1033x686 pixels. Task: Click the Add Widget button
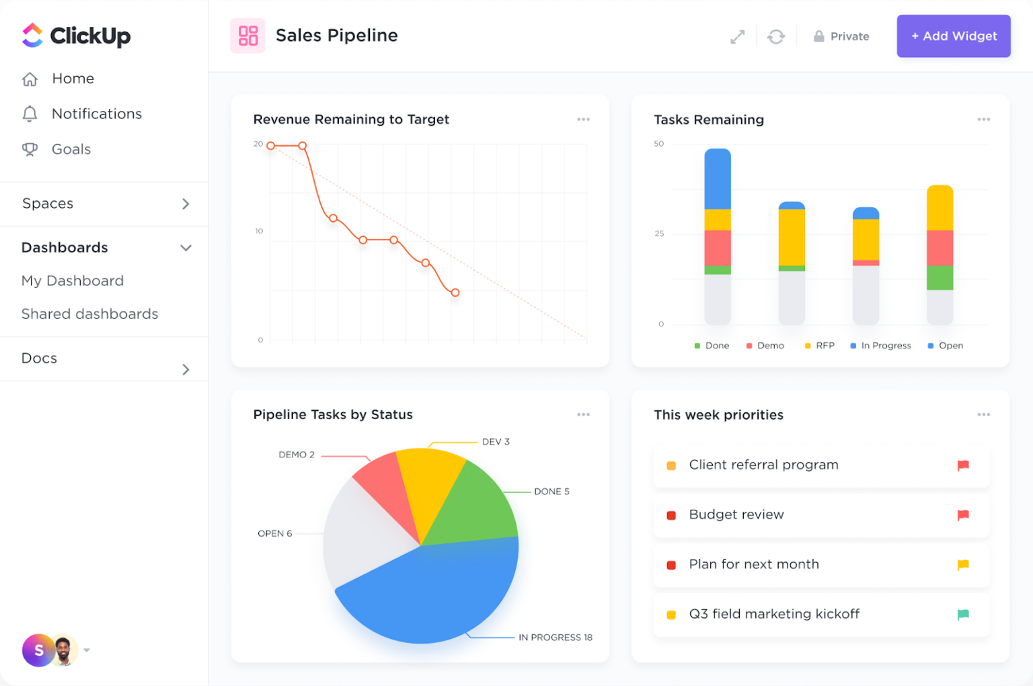click(953, 36)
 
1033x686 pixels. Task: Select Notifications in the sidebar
click(96, 114)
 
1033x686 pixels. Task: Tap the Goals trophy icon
click(30, 149)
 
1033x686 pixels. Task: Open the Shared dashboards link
click(89, 314)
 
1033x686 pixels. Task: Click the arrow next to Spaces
click(186, 204)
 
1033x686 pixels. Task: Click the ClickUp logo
click(76, 36)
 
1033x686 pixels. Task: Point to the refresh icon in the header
click(775, 36)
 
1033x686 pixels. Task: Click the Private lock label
click(841, 36)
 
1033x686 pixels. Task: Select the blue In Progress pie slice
click(430, 592)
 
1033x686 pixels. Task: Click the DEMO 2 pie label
click(297, 455)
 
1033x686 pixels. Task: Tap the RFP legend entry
click(820, 346)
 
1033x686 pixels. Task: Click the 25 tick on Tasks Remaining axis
click(659, 233)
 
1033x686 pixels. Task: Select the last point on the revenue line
click(455, 293)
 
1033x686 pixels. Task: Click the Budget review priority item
click(736, 514)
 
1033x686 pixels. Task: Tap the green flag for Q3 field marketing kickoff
click(962, 614)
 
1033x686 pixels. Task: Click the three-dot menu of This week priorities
click(983, 415)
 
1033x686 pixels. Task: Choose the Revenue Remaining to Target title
click(350, 120)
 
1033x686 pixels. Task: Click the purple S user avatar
click(38, 650)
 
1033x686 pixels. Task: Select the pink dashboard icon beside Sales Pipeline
click(247, 36)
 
